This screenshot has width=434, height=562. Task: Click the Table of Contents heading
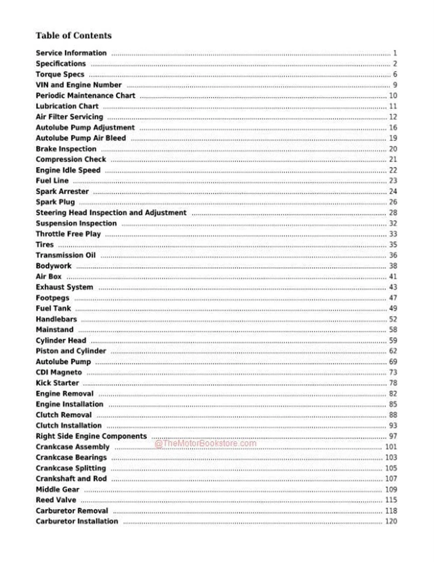click(x=73, y=36)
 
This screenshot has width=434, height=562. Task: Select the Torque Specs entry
click(x=60, y=74)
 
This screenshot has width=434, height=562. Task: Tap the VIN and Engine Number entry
click(x=78, y=85)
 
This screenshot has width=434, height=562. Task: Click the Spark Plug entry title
click(x=55, y=202)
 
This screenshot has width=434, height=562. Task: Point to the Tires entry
click(x=44, y=245)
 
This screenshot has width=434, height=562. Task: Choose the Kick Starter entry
click(x=57, y=383)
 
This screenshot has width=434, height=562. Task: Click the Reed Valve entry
click(x=56, y=500)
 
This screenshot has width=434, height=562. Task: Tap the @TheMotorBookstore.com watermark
click(x=205, y=443)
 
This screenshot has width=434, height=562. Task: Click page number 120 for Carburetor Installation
click(x=391, y=521)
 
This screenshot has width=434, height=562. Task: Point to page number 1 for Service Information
click(x=395, y=53)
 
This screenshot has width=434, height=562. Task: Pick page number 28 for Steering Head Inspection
click(x=393, y=213)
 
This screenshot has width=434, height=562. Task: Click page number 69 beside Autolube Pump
click(x=393, y=362)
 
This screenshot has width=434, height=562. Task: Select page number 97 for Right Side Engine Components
click(x=393, y=436)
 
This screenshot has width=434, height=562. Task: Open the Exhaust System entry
click(x=64, y=287)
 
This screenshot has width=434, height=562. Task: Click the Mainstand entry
click(x=54, y=330)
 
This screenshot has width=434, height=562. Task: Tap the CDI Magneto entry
click(x=58, y=372)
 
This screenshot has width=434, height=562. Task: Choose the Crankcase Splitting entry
click(x=71, y=468)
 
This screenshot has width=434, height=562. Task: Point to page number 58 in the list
click(x=393, y=330)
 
